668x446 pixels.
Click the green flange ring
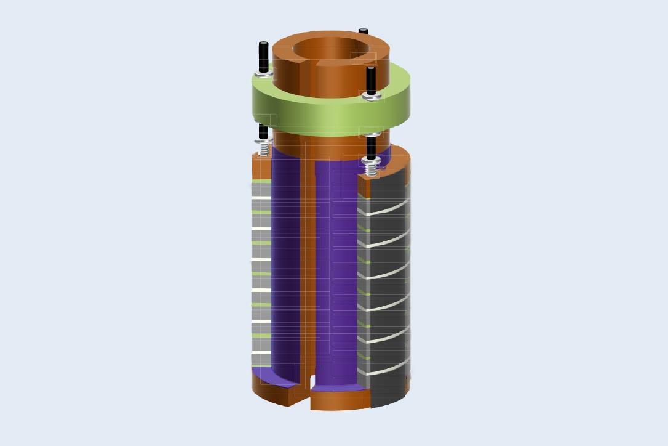pyautogui.click(x=332, y=117)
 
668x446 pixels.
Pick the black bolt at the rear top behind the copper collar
pyautogui.click(x=364, y=31)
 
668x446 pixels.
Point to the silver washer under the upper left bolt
pyautogui.click(x=263, y=74)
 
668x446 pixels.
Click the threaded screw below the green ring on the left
pyautogui.click(x=264, y=148)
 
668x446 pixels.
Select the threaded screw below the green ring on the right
pyautogui.click(x=372, y=164)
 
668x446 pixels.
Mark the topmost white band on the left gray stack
pyautogui.click(x=261, y=197)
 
